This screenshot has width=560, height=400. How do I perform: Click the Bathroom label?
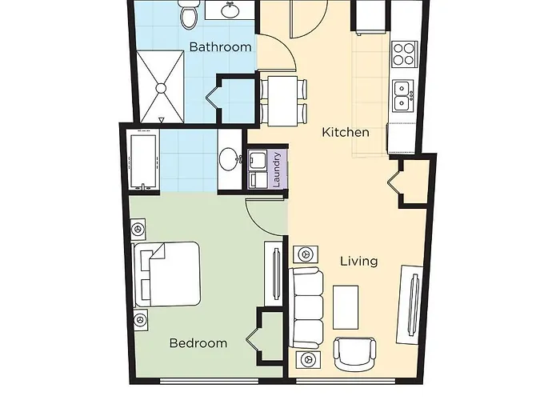pos(220,47)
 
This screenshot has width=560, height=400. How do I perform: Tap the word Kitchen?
pos(345,132)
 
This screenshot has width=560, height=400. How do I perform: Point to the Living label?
pos(359,261)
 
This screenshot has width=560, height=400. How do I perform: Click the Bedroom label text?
pos(198,343)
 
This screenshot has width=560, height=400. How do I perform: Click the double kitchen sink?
pos(402,96)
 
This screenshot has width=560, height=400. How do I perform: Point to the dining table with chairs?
pos(285,98)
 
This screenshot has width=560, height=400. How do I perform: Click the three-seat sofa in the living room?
pos(307,306)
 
